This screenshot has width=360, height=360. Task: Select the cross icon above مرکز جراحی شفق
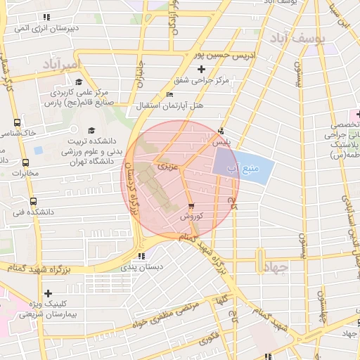point(202,69)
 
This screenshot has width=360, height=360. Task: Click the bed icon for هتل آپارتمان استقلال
point(169,94)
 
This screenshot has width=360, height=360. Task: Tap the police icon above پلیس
point(221,130)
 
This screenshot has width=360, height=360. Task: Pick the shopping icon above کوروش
point(191,205)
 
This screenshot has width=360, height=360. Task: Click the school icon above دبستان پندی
point(141,256)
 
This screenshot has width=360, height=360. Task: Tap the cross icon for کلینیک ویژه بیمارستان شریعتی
point(48,293)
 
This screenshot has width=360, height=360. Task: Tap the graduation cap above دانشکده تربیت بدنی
point(91,131)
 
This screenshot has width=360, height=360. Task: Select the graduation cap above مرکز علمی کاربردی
point(78,82)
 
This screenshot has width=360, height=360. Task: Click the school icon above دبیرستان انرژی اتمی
point(46,16)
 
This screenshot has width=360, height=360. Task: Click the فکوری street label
point(208,338)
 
